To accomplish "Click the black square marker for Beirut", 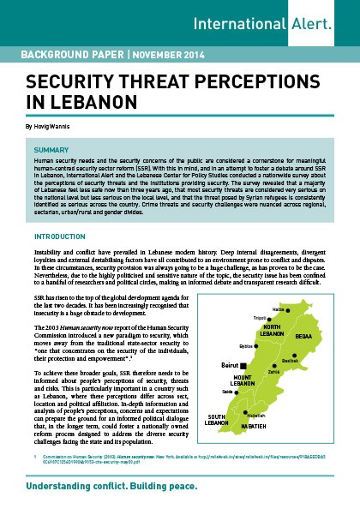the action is (242, 365).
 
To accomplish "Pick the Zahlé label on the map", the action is (273, 372).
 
